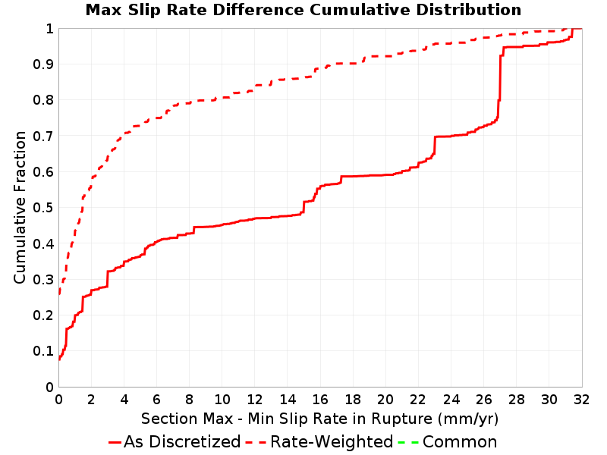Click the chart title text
point(303,10)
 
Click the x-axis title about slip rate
point(319,419)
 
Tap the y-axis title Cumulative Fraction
point(20,207)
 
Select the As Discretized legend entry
point(175,442)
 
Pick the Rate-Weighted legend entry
point(319,442)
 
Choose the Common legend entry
point(448,442)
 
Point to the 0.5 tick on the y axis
point(43,208)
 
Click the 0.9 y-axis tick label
point(43,64)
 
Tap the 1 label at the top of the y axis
point(49,29)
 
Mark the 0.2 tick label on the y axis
point(43,315)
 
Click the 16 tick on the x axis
point(320,400)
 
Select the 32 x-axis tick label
point(582,400)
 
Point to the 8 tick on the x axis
point(189,400)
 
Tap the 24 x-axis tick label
point(451,400)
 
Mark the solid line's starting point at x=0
point(59,359)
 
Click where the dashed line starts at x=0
point(59,293)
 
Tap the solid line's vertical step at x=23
point(435,145)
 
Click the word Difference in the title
point(258,10)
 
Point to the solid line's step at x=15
point(304,207)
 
